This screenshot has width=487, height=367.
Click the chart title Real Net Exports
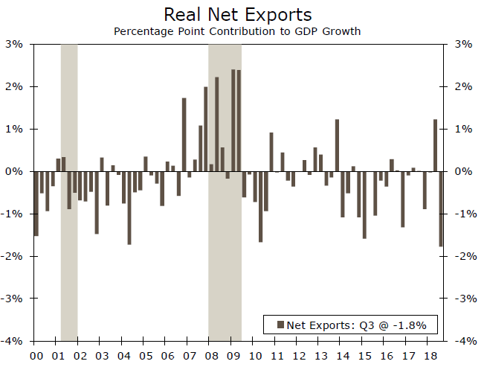237,15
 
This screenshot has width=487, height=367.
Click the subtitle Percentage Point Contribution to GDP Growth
237,32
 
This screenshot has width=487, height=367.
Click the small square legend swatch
280,325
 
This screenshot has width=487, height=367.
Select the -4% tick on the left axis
14,341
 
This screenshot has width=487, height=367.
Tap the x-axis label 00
36,357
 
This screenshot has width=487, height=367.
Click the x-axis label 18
430,357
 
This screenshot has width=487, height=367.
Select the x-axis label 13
320,357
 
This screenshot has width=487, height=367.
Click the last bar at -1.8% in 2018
441,208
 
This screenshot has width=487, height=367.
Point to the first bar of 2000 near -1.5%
36,203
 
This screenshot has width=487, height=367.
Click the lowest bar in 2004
129,208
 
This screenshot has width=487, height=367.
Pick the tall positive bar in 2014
337,145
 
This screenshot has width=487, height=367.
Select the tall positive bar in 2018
436,145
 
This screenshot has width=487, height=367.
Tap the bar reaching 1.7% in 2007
184,135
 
